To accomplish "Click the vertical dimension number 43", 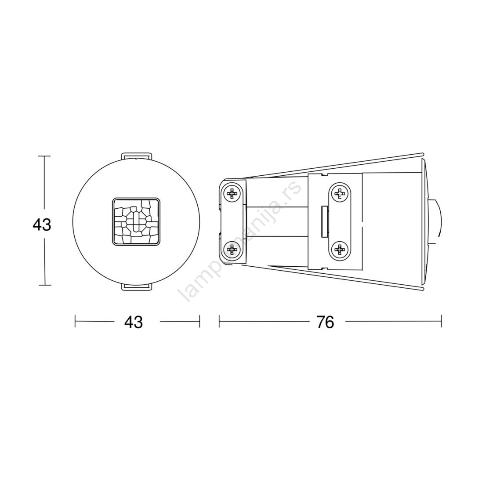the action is (42, 225).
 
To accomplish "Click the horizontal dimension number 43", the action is (134, 322).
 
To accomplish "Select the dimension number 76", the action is (325, 322).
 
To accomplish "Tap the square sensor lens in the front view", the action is (136, 221).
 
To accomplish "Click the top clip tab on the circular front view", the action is (137, 156).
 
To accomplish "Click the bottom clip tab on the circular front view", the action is (137, 287).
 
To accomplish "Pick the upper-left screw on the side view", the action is (232, 194).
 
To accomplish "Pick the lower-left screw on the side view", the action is (232, 250).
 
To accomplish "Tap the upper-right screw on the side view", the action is (339, 193).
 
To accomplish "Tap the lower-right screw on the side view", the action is (339, 250).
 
